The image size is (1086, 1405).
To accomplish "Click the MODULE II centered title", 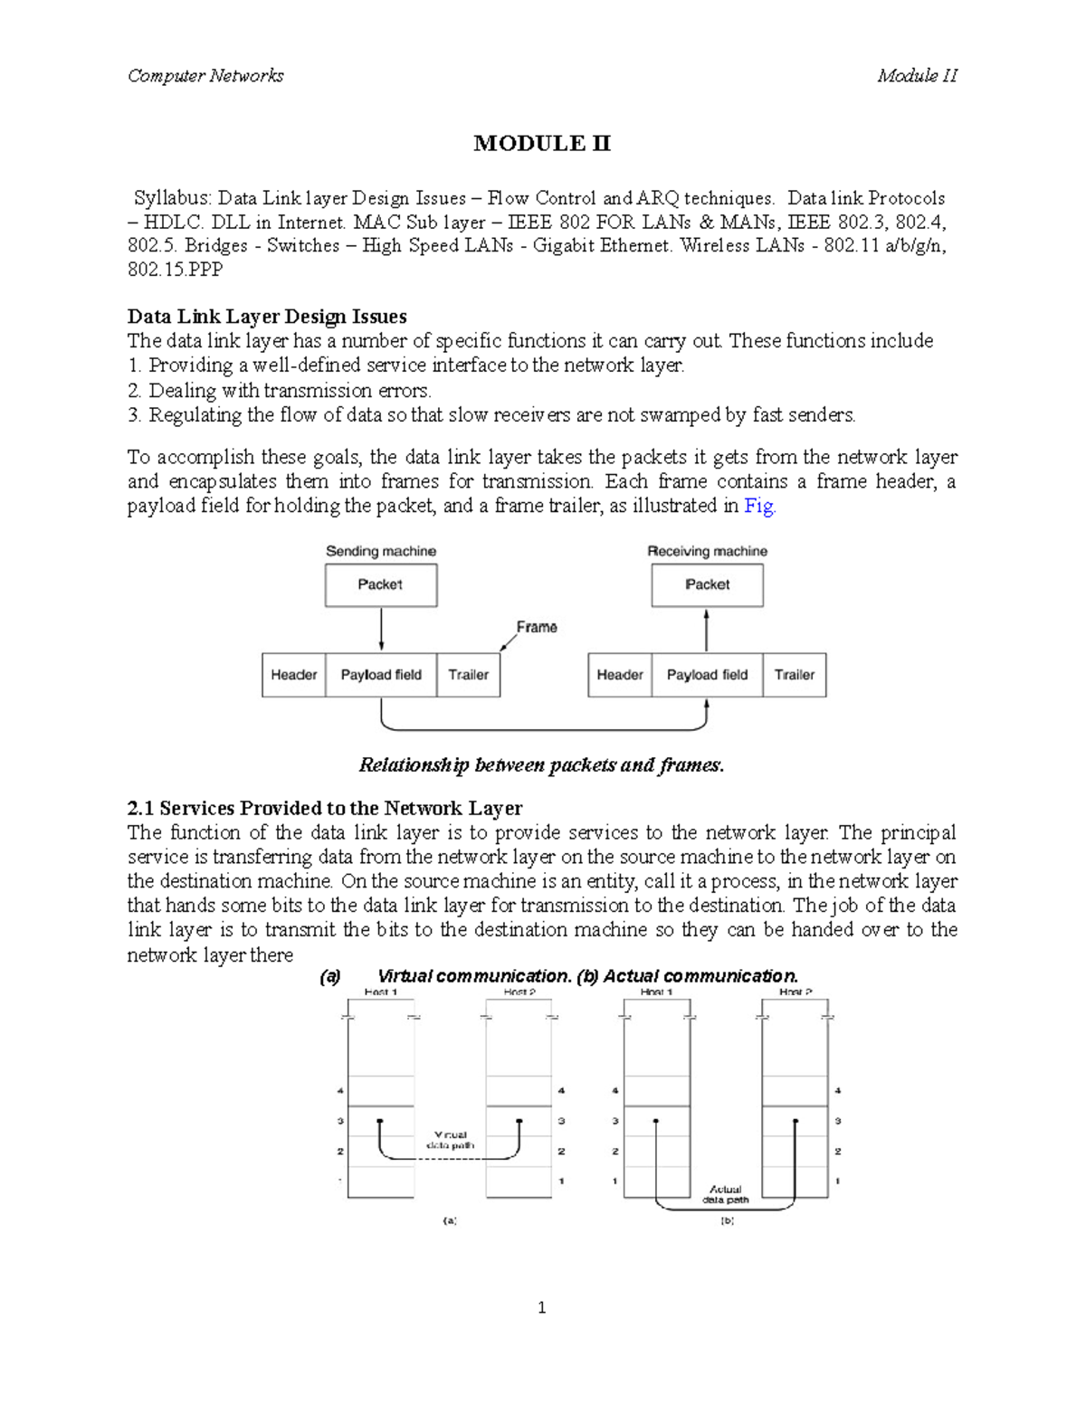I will tap(542, 144).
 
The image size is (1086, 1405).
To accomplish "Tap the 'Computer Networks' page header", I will tap(205, 76).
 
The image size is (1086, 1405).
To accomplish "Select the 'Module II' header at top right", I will tap(916, 76).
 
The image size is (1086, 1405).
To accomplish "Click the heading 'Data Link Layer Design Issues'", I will tap(267, 317).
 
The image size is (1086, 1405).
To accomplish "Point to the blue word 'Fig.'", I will tap(759, 507).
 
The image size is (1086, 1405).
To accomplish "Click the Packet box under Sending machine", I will tap(381, 585).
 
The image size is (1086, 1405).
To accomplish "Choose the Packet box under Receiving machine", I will tap(707, 585).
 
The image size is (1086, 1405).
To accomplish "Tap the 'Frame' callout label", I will tap(537, 627).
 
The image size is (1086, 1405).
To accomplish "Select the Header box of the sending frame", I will tap(293, 675).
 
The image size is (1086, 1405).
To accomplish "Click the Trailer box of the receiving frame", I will tap(794, 675).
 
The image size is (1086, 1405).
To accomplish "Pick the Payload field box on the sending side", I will tap(381, 675).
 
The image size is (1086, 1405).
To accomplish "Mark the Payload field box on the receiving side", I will tap(707, 675).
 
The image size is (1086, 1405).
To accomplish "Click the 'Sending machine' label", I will tap(381, 551).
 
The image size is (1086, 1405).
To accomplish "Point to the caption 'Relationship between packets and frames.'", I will tap(542, 765).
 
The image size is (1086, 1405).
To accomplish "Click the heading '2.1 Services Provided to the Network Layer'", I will tap(325, 808).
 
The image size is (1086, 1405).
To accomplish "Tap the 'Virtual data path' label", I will tap(451, 1140).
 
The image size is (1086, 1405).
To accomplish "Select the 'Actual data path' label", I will tap(726, 1195).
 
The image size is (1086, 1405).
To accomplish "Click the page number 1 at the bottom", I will tap(541, 1307).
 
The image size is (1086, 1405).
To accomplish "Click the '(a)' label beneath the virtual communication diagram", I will tap(450, 1220).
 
